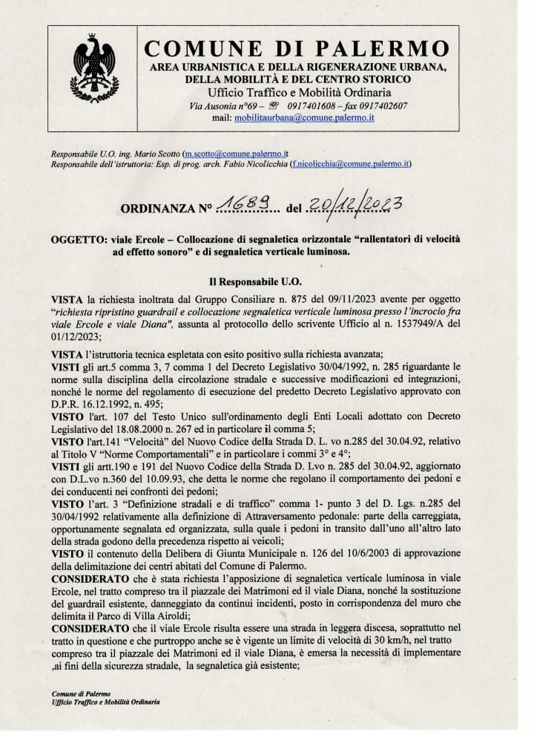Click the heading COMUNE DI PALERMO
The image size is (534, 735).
pos(297,48)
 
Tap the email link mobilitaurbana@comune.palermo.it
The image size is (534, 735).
pos(304,117)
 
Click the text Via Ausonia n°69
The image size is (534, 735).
pos(222,106)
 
